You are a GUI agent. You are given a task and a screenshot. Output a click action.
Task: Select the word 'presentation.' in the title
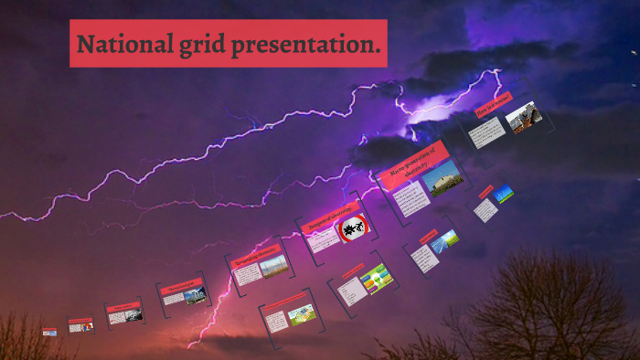(x=308, y=44)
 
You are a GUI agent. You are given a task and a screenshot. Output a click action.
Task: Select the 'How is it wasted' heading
(x=493, y=106)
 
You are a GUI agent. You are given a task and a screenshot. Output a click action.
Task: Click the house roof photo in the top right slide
(x=523, y=119)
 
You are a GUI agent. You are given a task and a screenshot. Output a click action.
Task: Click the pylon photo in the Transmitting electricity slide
(x=272, y=266)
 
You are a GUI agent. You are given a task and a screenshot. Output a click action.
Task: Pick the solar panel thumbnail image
(x=445, y=239)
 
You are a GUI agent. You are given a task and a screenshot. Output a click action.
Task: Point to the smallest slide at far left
(x=49, y=332)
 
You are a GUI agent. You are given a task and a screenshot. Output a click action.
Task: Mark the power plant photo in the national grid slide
(x=194, y=296)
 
